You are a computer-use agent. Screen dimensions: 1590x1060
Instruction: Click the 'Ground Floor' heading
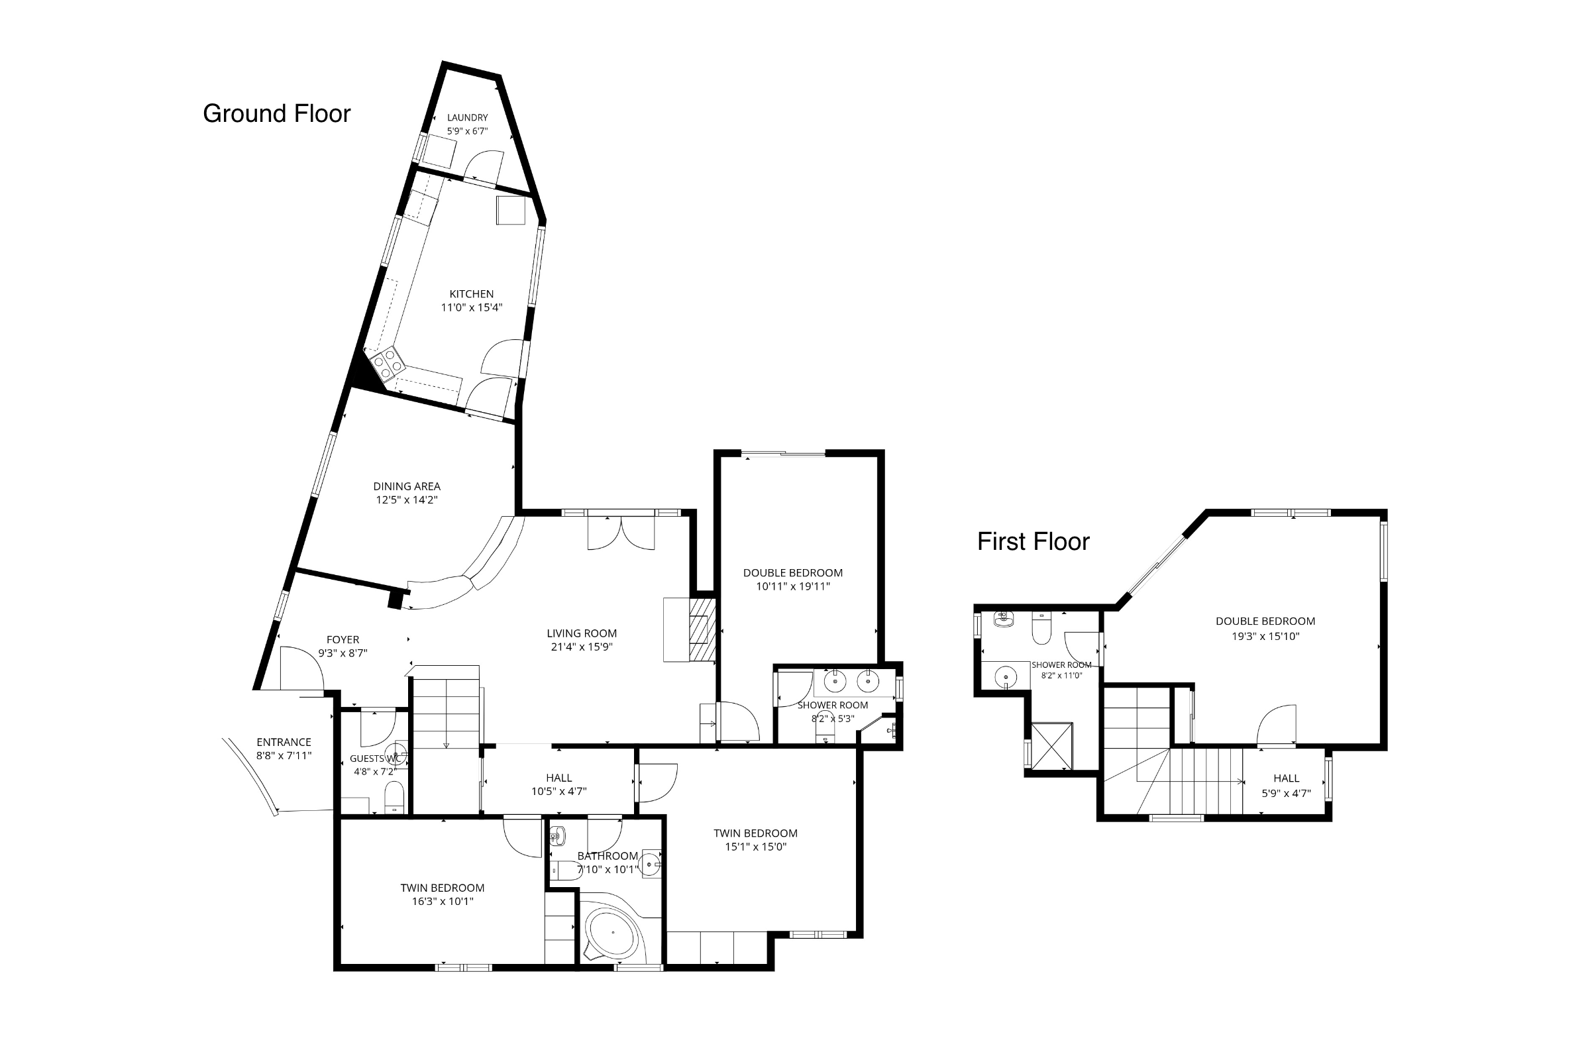pyautogui.click(x=276, y=113)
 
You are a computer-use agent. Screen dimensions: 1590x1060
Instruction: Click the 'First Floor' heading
pyautogui.click(x=1033, y=541)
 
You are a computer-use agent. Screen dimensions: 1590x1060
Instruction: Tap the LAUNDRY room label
pyautogui.click(x=467, y=118)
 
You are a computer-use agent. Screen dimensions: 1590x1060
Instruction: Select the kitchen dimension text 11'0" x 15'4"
pyautogui.click(x=471, y=307)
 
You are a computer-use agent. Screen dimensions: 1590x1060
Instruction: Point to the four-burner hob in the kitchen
pyautogui.click(x=388, y=363)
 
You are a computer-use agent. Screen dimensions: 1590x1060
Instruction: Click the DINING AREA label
pyautogui.click(x=406, y=486)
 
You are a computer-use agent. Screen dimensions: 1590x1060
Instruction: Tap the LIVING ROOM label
pyautogui.click(x=582, y=633)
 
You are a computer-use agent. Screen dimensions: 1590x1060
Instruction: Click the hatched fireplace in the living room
pyautogui.click(x=702, y=629)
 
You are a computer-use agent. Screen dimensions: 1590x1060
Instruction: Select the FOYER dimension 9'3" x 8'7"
pyautogui.click(x=343, y=653)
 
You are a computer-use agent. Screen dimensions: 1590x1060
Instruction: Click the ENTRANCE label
pyautogui.click(x=284, y=742)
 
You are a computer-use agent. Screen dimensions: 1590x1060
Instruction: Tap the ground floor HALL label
pyautogui.click(x=558, y=778)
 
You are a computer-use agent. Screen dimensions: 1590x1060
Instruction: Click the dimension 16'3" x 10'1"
pyautogui.click(x=442, y=901)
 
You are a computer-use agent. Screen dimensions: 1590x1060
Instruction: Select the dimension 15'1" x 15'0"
pyautogui.click(x=755, y=847)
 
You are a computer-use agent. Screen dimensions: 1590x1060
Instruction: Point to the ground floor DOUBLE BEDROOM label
pyautogui.click(x=792, y=572)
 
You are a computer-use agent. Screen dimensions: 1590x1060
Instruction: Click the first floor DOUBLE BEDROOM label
pyautogui.click(x=1265, y=621)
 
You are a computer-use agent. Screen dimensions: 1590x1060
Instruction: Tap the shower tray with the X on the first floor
pyautogui.click(x=1051, y=746)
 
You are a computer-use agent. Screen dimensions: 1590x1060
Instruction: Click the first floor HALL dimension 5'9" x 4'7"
pyautogui.click(x=1286, y=793)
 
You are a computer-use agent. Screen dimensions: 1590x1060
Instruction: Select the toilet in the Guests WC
pyautogui.click(x=394, y=798)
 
